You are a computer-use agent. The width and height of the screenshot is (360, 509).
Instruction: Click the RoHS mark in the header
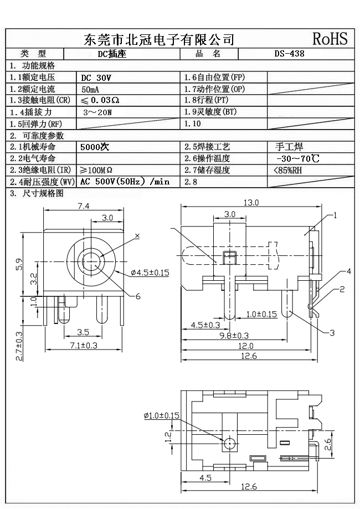click(330, 39)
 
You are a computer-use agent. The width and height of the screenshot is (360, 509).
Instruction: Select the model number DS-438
click(289, 54)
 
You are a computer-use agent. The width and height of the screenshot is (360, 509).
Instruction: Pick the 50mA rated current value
click(91, 89)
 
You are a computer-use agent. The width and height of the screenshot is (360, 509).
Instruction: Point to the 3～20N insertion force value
click(97, 112)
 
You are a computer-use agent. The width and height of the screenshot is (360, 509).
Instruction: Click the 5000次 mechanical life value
click(95, 147)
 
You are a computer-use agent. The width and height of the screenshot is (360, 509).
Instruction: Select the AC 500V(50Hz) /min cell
click(125, 182)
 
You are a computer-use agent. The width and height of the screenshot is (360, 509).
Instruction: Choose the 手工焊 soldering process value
click(289, 147)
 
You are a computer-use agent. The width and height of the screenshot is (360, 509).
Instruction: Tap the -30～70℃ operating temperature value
click(293, 158)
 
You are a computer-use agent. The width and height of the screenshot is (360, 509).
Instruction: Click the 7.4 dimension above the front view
click(83, 206)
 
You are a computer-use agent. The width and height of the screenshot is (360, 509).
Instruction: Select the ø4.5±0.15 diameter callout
click(150, 273)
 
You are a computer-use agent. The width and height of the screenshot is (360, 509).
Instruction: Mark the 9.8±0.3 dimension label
click(234, 335)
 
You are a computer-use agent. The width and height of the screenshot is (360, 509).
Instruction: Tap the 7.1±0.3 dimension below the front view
click(83, 345)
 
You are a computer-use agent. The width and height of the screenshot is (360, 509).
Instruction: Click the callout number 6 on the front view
click(138, 296)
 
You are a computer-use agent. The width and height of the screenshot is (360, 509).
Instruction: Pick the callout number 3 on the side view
click(332, 332)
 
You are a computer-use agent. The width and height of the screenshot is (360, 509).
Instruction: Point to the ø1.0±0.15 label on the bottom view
click(161, 415)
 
